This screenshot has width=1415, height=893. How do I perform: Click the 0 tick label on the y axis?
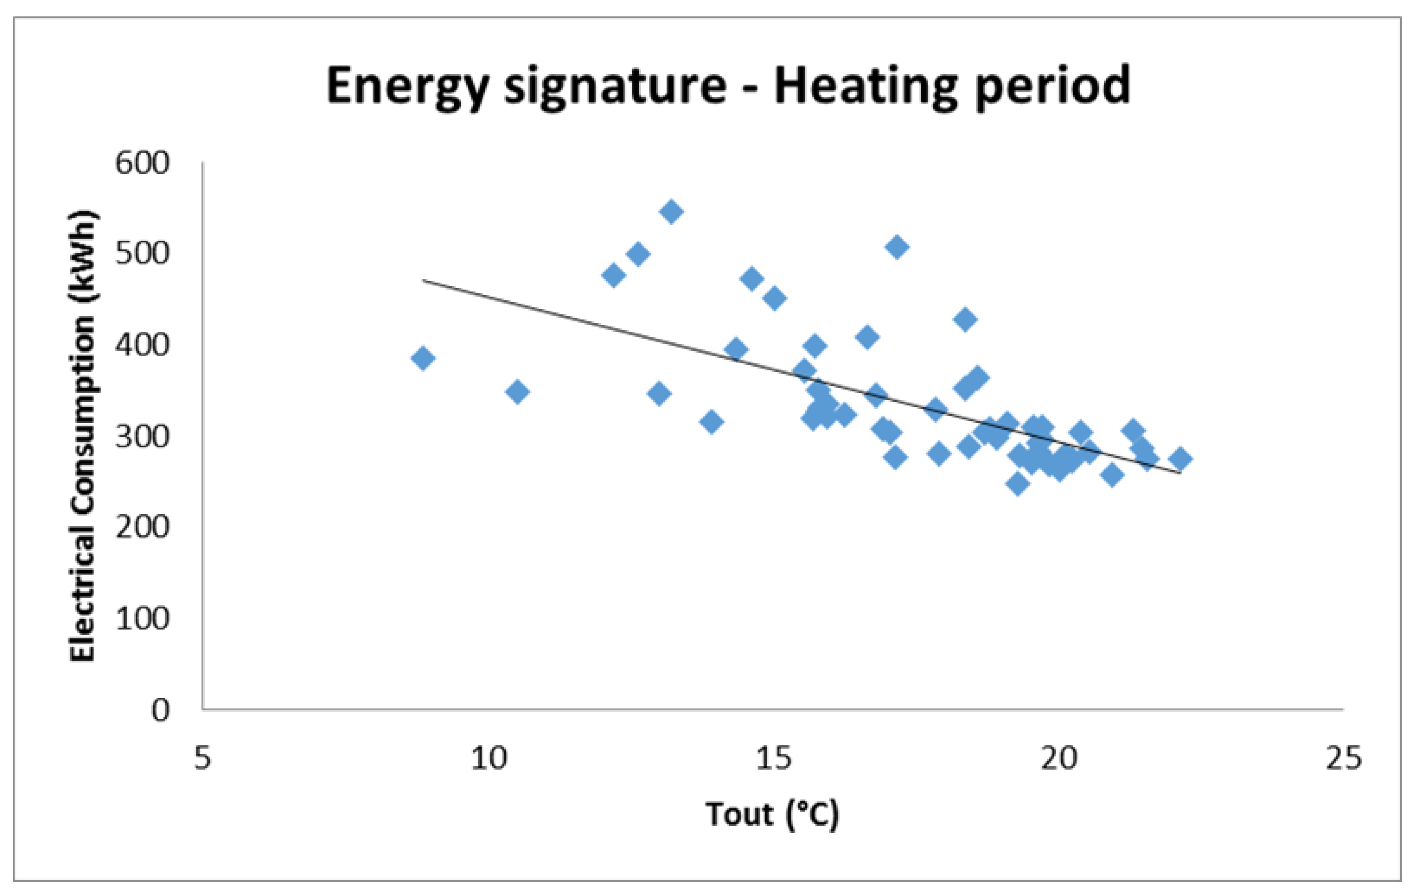(160, 710)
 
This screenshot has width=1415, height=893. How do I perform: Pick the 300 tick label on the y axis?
(141, 437)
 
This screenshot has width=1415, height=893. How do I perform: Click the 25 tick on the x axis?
(1343, 759)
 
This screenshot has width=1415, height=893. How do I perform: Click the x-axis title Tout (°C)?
(772, 815)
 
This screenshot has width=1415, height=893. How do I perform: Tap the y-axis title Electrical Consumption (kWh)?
(82, 436)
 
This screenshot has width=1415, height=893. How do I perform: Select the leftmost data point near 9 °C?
(423, 358)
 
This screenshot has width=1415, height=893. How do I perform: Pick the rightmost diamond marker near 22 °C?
(1180, 458)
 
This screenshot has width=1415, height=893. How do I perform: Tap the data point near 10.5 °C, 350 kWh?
(517, 392)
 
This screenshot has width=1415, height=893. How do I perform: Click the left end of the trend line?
(424, 280)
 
